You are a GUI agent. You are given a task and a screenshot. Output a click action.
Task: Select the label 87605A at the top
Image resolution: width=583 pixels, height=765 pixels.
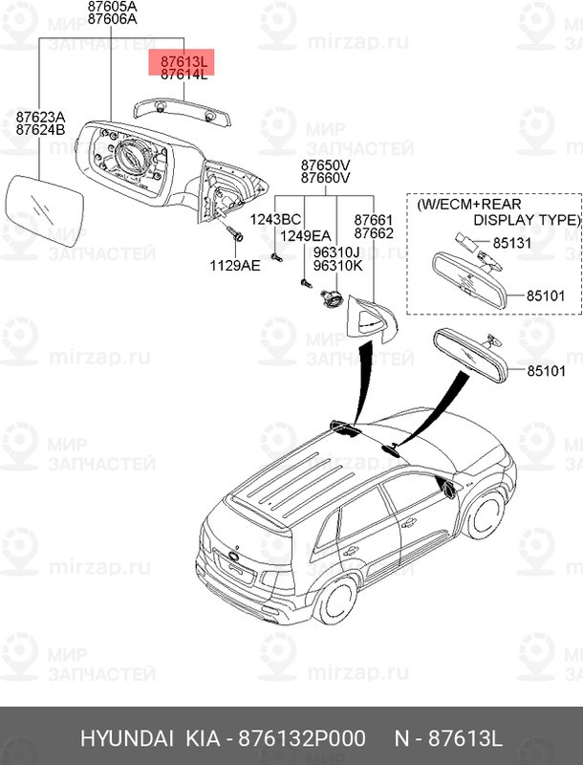click(x=112, y=5)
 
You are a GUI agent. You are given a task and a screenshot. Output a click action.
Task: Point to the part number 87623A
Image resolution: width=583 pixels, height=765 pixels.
click(x=39, y=117)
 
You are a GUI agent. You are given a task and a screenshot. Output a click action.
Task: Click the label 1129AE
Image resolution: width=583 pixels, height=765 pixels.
click(x=235, y=266)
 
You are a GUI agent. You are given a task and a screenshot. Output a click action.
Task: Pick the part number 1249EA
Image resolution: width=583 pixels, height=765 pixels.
click(x=304, y=235)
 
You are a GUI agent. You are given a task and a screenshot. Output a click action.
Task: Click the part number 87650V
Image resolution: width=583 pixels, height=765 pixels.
click(x=325, y=164)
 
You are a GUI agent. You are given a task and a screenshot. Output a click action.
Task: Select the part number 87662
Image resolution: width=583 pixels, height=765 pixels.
click(x=374, y=232)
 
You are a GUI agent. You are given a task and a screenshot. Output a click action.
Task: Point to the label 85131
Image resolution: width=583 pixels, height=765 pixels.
click(x=512, y=243)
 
